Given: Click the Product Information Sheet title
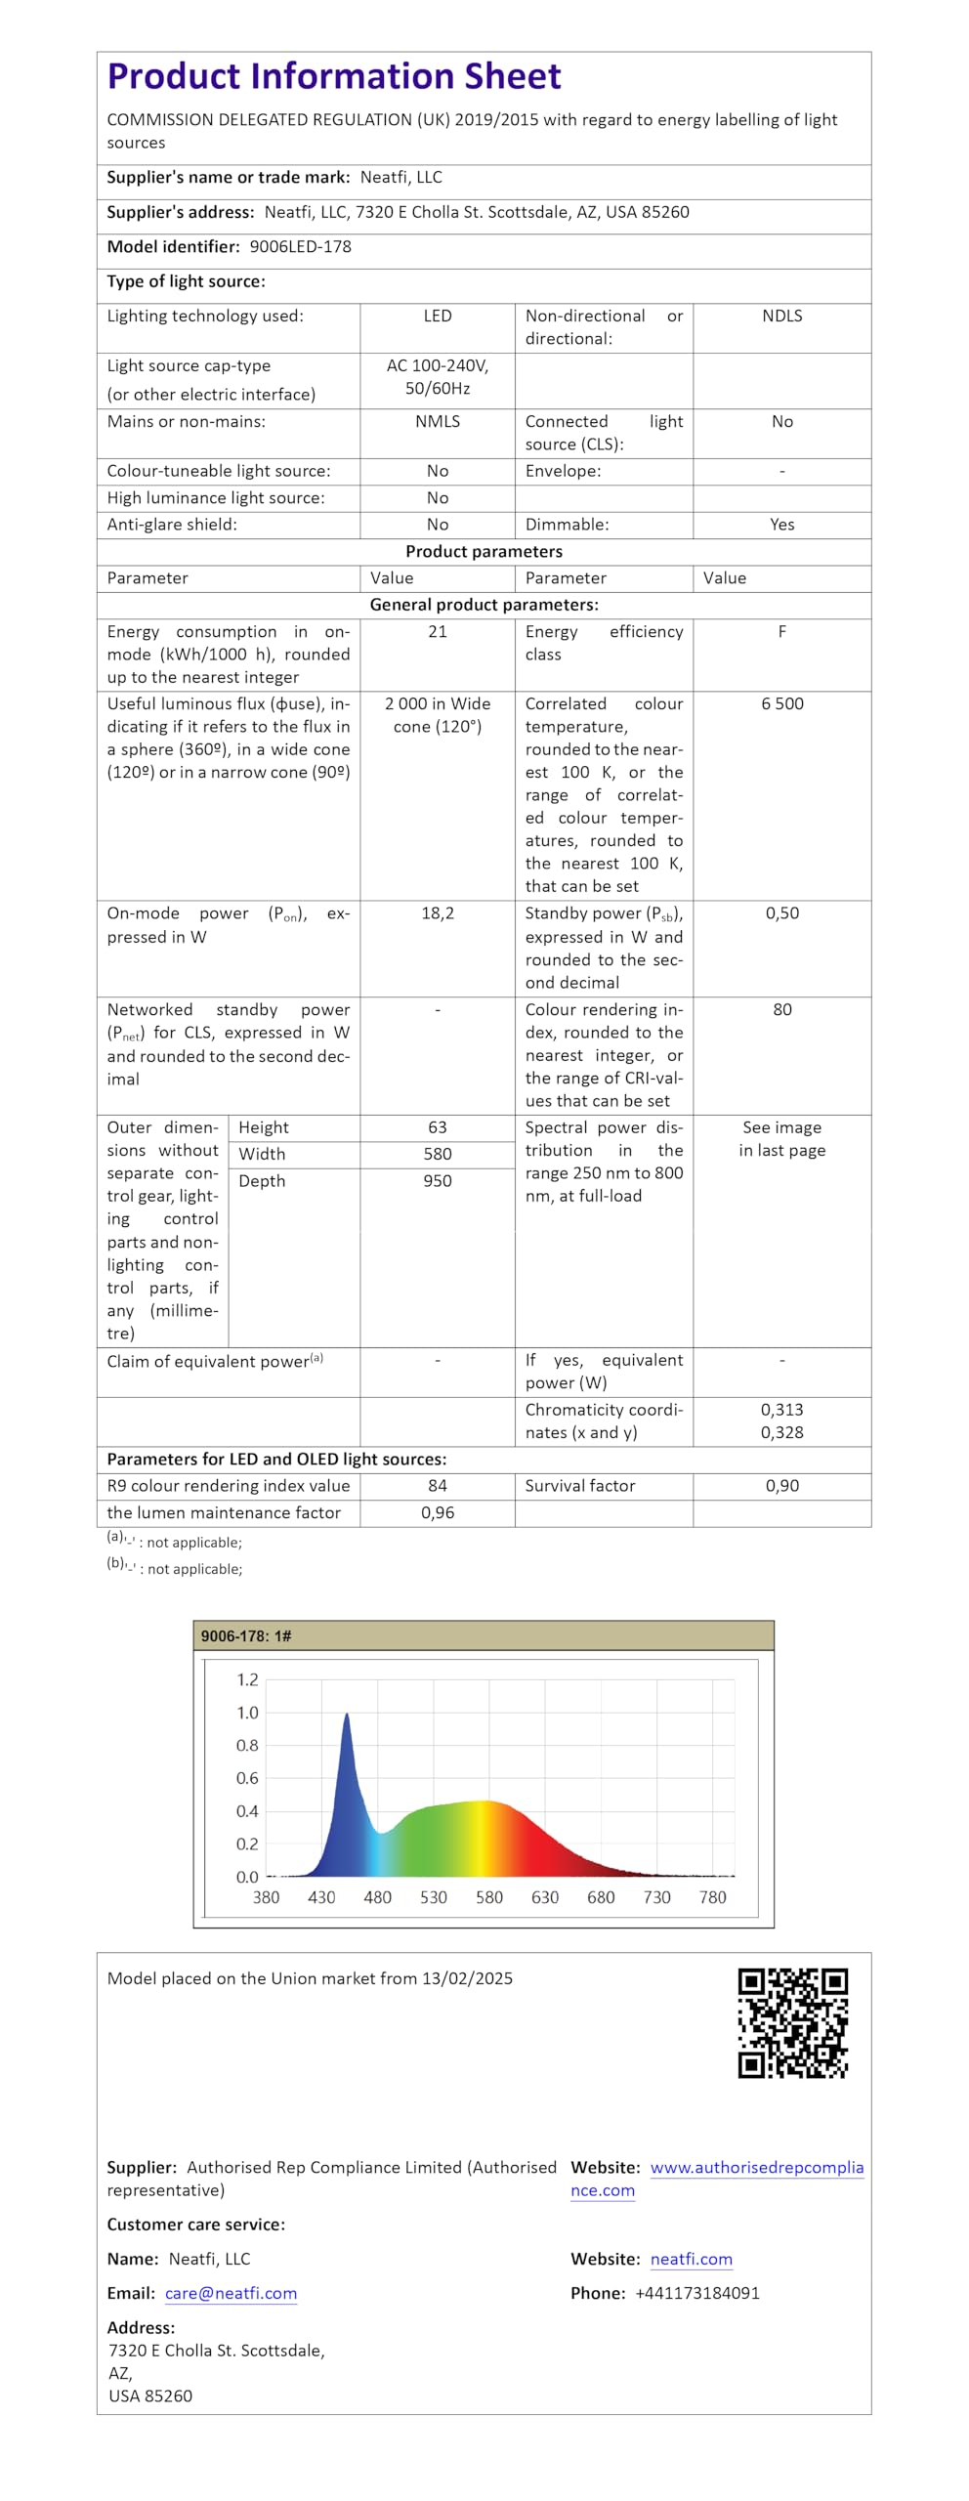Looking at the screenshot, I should coord(334,76).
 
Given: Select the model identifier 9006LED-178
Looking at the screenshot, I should coord(300,247).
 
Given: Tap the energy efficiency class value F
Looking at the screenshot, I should coord(781,632).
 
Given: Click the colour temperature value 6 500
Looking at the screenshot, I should coord(781,704).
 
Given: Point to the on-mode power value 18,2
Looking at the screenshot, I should coord(437,913).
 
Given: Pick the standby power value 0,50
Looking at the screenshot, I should coord(781,913).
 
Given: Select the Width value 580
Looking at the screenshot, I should coord(437,1155).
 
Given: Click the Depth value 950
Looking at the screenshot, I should coord(437,1181).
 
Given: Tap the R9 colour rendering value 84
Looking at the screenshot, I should coord(437,1486).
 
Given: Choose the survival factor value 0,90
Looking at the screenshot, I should coord(781,1486).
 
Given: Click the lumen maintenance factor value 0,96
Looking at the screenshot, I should coord(437,1513).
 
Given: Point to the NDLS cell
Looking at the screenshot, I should coord(781,317).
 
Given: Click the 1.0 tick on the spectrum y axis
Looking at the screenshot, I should coord(247,1713).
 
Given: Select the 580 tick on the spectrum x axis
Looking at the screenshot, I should coord(488,1897).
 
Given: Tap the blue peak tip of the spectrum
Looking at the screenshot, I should coord(347,1715).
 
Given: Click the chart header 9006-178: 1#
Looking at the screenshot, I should coord(246,1636).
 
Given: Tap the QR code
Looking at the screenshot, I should coord(792,2023).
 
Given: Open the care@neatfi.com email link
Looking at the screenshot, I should coord(231,2294).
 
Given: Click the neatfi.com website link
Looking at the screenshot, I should coord(691,2260).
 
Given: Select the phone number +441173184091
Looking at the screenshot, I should coord(696,2294).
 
